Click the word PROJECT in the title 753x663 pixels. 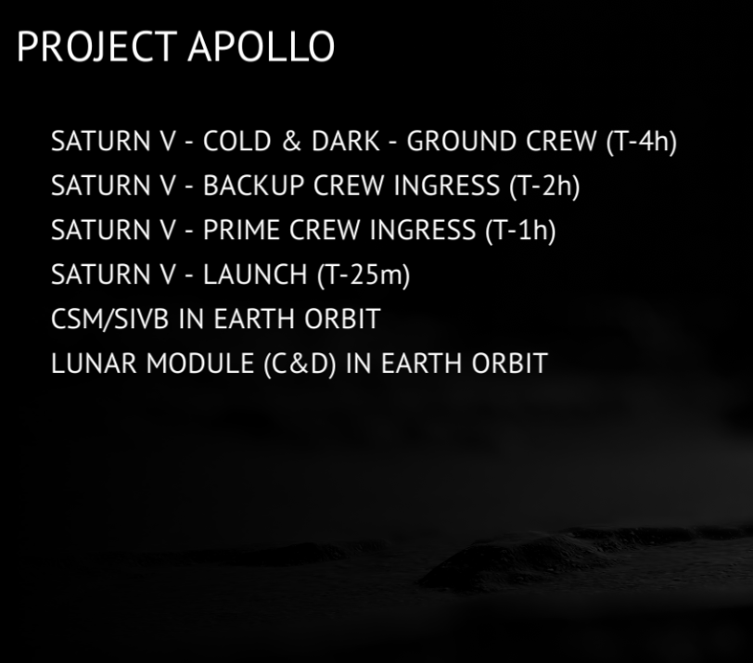coord(97,46)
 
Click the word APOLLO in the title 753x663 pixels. coord(262,46)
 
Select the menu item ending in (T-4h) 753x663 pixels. coord(364,142)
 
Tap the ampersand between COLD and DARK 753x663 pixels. coord(291,141)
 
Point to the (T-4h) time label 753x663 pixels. coord(642,142)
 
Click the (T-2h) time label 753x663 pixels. coord(544,186)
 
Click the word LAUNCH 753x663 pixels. coord(255,274)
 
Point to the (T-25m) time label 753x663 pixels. coord(364,275)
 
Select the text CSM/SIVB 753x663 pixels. coord(110,319)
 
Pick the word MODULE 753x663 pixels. coord(200,363)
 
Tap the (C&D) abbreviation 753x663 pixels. coord(300,363)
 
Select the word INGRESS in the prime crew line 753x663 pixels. coord(423,230)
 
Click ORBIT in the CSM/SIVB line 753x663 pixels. coord(342,319)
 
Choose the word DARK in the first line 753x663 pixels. coord(346,141)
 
